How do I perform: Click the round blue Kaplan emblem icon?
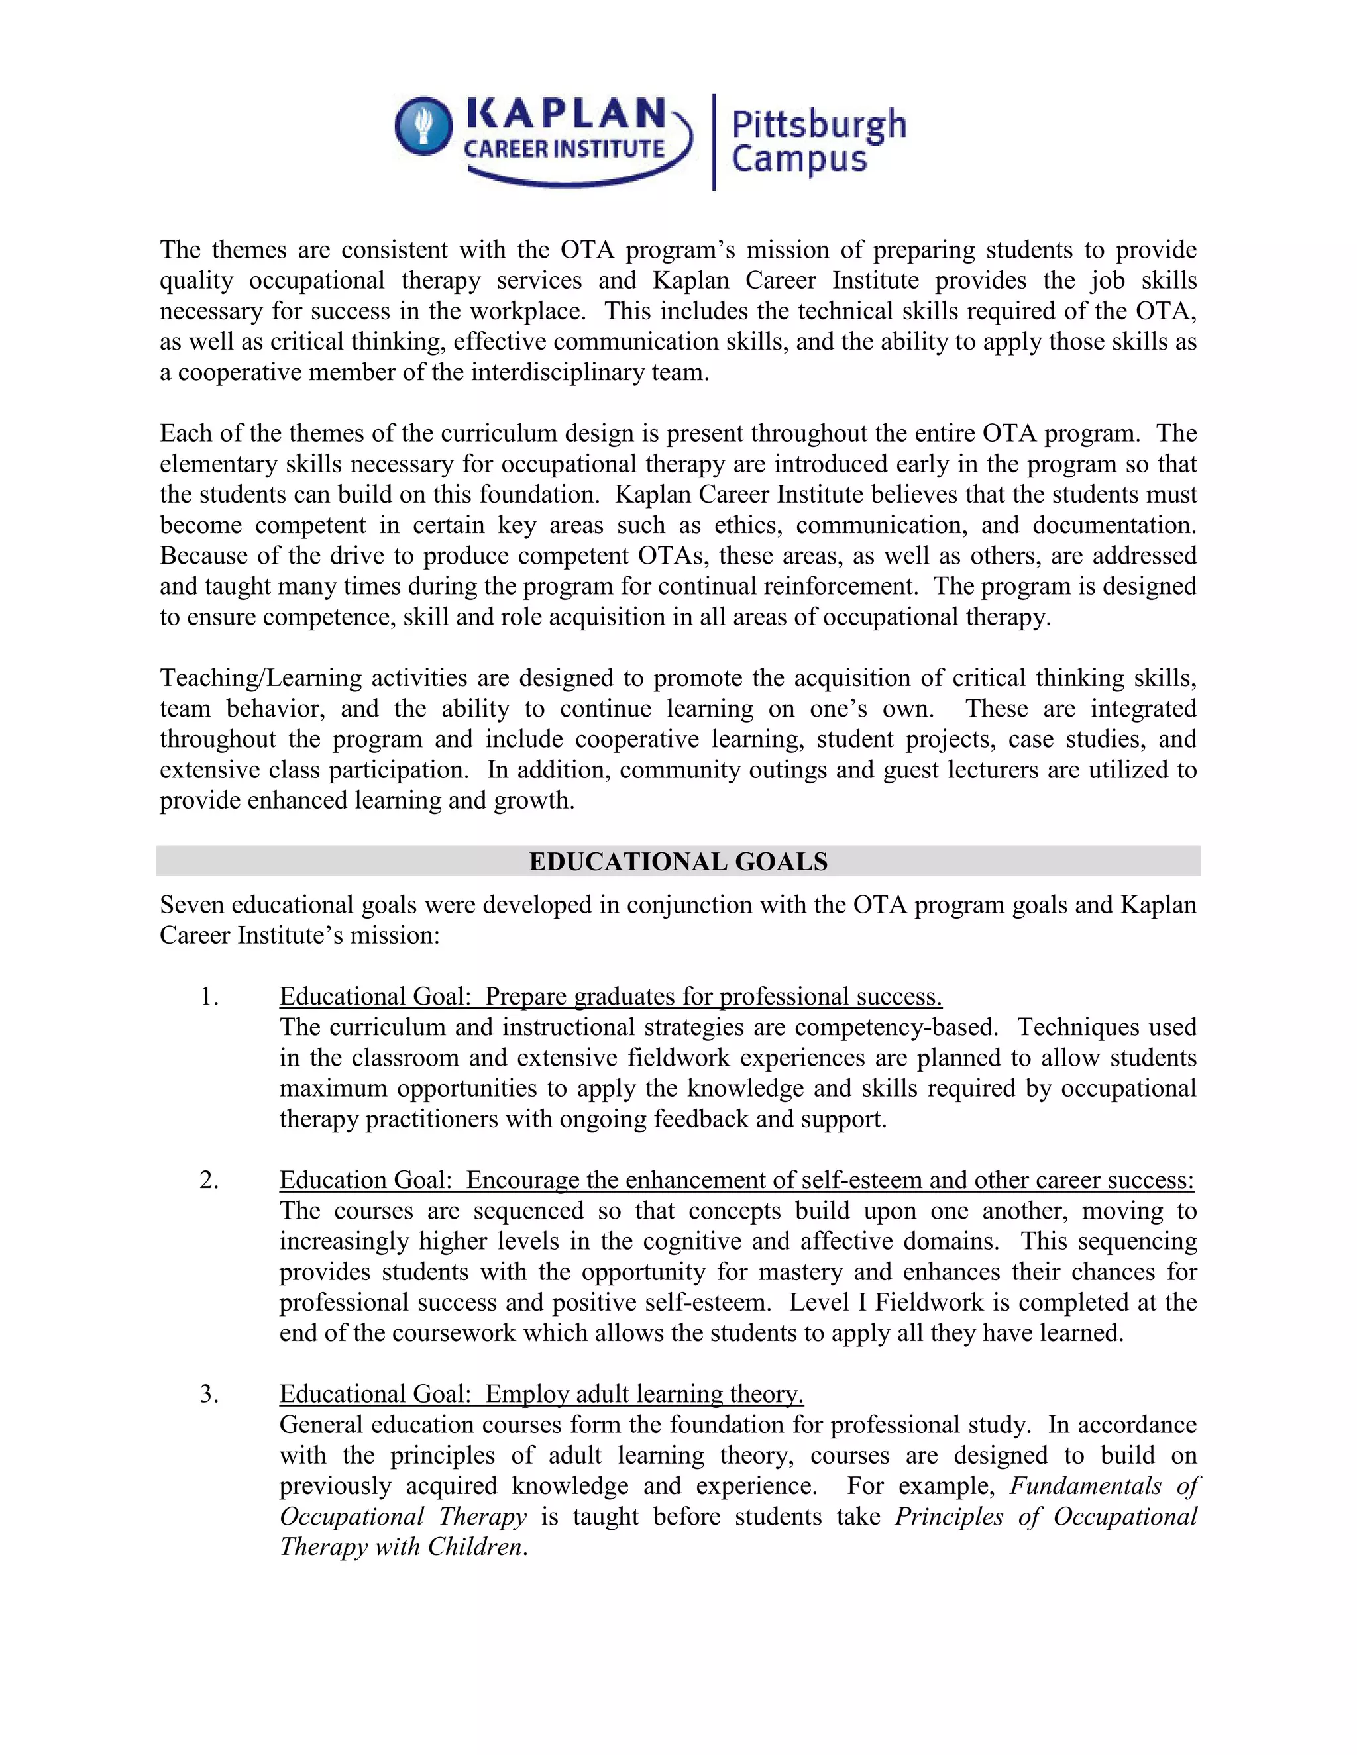[423, 126]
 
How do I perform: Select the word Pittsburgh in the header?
[818, 125]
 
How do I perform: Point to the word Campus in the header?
[799, 159]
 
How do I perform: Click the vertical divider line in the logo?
[714, 142]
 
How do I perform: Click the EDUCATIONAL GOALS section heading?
[678, 862]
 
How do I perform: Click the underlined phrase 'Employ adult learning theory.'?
[644, 1394]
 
